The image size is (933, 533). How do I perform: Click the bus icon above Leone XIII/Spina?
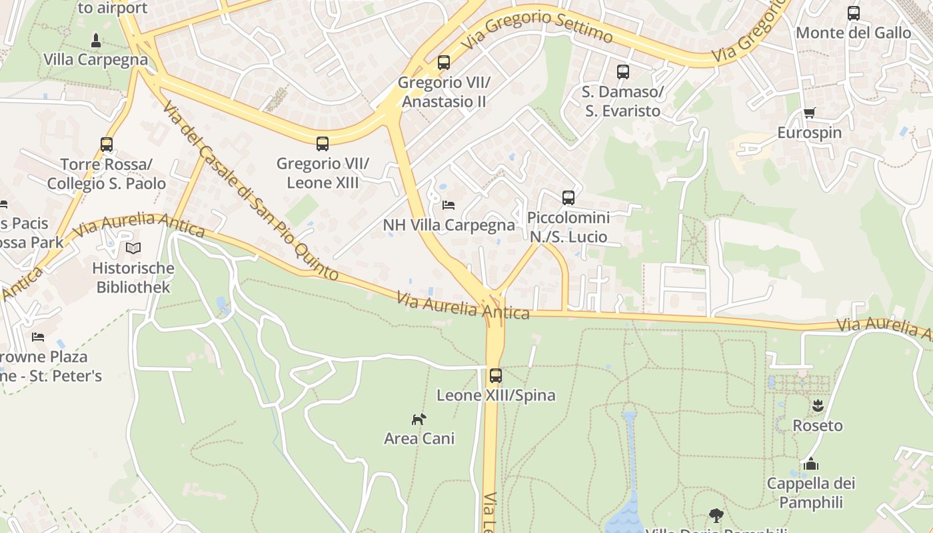(495, 375)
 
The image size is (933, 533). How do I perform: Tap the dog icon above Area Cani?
(419, 419)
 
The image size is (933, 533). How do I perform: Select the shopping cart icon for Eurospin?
(809, 113)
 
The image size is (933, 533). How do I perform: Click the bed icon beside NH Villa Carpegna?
(449, 205)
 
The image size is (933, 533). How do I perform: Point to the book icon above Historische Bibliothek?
(133, 249)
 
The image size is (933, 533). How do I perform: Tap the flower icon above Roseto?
(818, 405)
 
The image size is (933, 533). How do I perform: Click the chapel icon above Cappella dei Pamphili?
(811, 463)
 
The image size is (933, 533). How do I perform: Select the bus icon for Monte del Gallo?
(853, 13)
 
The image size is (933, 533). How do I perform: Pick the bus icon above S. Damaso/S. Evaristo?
(622, 71)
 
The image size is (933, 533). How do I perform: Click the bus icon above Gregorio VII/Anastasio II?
(444, 63)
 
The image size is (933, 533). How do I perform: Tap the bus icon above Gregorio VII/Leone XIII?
(323, 143)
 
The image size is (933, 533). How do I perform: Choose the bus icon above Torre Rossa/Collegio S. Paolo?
(107, 144)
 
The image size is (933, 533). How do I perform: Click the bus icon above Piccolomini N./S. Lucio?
(568, 197)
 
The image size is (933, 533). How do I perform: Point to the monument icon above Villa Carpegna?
(95, 39)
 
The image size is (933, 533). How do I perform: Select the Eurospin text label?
(809, 133)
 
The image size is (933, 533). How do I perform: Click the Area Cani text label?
(419, 438)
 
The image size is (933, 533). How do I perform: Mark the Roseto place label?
(817, 425)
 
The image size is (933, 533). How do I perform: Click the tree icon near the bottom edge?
(716, 515)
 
